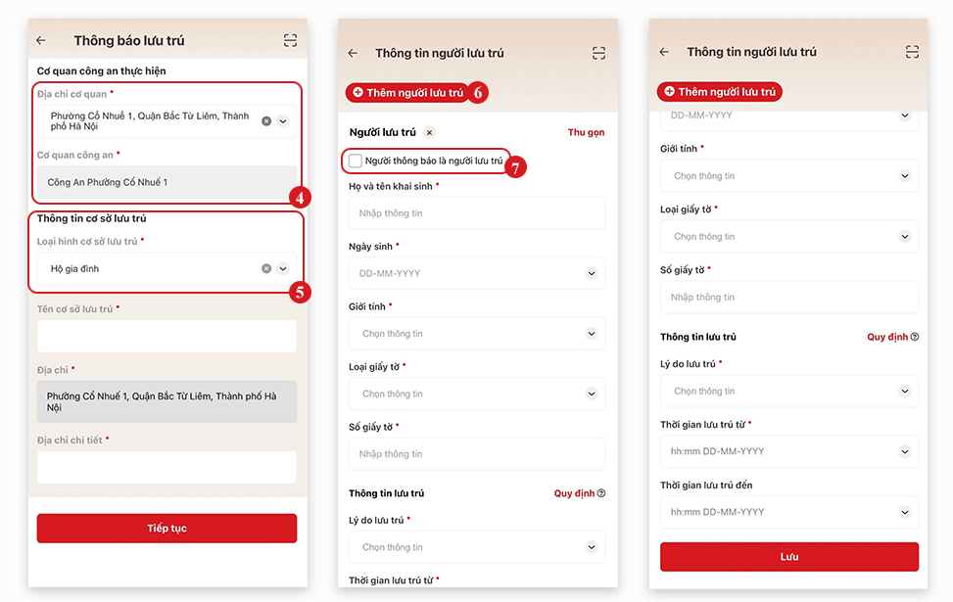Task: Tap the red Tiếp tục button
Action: (167, 529)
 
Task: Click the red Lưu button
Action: (789, 557)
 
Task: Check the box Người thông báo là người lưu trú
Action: (356, 161)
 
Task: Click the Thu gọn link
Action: (586, 132)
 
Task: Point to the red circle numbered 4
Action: (301, 197)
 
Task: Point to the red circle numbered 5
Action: (301, 291)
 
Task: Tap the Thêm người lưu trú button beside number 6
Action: (407, 92)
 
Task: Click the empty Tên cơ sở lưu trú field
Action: (167, 336)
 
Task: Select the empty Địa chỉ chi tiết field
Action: (167, 467)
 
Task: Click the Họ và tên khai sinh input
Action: (476, 213)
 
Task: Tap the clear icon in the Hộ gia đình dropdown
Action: (266, 268)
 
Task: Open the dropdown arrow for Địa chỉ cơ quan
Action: (283, 121)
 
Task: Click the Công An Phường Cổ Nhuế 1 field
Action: (167, 182)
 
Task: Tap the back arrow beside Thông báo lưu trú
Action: (41, 40)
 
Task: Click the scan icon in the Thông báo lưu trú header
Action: (290, 40)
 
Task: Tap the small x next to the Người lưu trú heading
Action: (429, 132)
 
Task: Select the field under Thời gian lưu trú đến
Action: (789, 512)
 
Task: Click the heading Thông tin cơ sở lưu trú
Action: (91, 218)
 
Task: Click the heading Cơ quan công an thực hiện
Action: (101, 71)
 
